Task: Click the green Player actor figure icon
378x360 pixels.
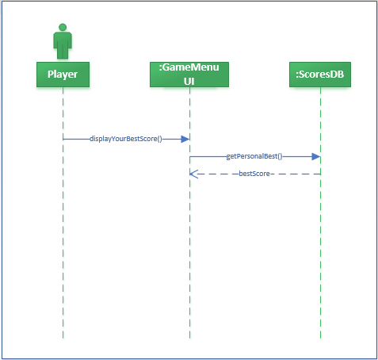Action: tap(63, 44)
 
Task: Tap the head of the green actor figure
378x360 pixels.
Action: tap(63, 28)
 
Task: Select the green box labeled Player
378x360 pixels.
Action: tap(63, 75)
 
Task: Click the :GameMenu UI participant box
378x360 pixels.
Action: tap(189, 75)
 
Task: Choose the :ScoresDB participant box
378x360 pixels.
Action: tap(320, 75)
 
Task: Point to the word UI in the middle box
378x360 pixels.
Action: tap(189, 81)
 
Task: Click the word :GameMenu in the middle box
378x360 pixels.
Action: tap(189, 69)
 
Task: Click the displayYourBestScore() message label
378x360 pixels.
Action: tap(126, 139)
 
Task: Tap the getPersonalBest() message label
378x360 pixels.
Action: tap(254, 157)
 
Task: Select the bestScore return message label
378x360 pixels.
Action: tap(254, 173)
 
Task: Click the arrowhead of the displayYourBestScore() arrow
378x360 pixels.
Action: tap(185, 139)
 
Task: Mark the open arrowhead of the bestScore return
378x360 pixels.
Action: tap(193, 173)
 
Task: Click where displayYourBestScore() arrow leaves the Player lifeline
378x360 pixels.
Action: tap(63, 139)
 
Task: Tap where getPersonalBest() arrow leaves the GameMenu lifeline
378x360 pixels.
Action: tap(190, 157)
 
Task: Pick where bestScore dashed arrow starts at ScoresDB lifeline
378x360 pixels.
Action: tap(320, 173)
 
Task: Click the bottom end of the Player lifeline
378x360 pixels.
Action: tap(63, 338)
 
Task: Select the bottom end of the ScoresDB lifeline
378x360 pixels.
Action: tap(320, 338)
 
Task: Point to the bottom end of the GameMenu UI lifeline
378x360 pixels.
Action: tap(189, 338)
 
